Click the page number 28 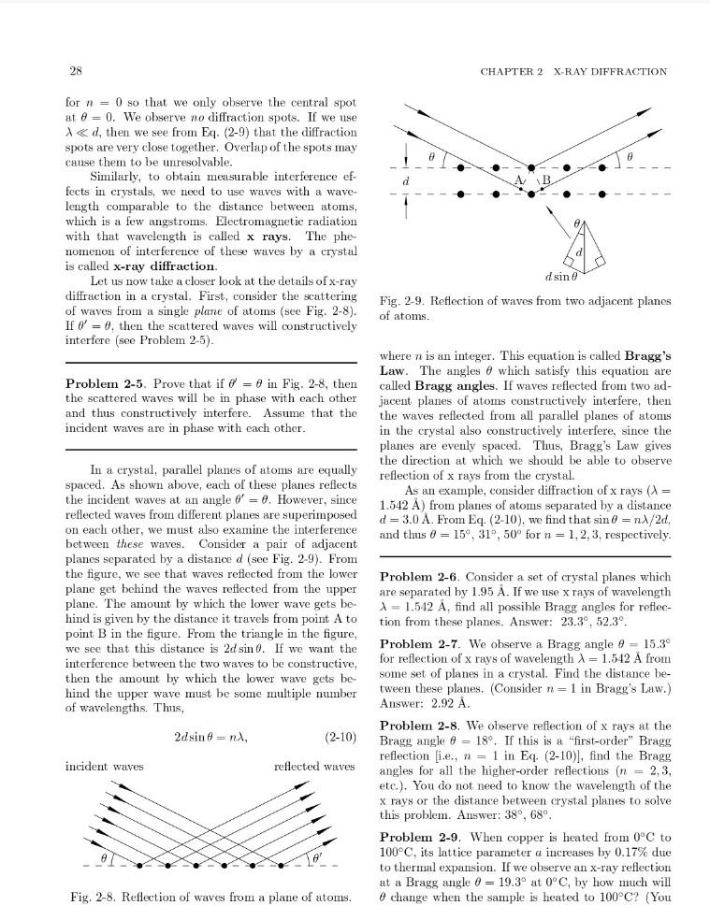[x=74, y=71]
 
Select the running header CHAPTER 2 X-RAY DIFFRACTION [x=573, y=71]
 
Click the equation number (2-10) [x=340, y=737]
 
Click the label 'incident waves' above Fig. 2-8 [x=104, y=766]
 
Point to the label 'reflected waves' [x=314, y=766]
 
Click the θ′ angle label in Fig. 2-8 [x=317, y=856]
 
